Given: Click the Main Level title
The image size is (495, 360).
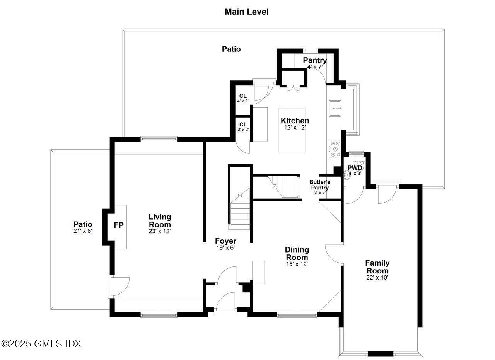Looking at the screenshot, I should click(246, 12).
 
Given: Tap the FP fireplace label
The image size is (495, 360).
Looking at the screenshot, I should click(119, 225).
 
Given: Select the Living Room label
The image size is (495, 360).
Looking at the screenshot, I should click(160, 220).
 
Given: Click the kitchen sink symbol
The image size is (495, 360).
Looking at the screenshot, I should click(335, 108).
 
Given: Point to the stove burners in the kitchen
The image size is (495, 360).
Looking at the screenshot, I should click(335, 148).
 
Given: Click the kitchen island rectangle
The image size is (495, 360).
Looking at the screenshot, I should click(292, 130).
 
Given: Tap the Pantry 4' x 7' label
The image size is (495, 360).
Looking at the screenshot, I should click(314, 63).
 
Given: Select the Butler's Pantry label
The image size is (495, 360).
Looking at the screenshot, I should click(320, 185).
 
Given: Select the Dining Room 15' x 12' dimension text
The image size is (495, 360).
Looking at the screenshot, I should click(297, 264).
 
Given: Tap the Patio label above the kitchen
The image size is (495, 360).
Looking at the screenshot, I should click(231, 49).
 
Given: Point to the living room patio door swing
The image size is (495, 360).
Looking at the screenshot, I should click(119, 286).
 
